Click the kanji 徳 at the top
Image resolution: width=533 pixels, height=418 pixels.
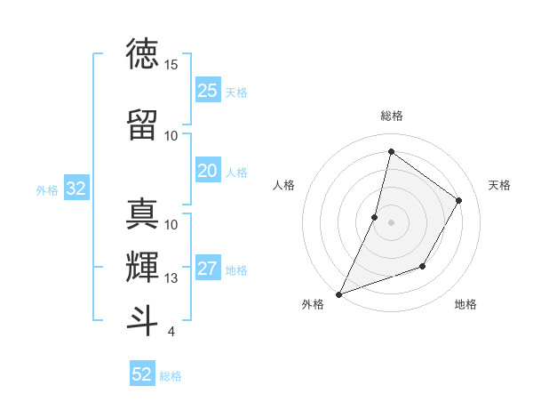pos(142,54)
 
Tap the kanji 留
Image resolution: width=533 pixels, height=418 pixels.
pos(142,125)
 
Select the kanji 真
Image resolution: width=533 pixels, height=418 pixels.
pos(142,214)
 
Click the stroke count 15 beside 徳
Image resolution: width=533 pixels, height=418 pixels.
pos(171,65)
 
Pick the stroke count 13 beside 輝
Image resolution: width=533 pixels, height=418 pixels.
pos(171,278)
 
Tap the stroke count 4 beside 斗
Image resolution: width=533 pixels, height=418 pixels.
pos(171,332)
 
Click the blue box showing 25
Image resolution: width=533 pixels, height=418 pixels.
pos(208,90)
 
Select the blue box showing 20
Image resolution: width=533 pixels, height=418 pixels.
pos(208,171)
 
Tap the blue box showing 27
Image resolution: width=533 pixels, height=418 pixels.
pos(208,269)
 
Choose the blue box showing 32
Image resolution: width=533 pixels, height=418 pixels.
pos(76,189)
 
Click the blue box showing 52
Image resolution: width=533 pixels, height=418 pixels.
pos(142,374)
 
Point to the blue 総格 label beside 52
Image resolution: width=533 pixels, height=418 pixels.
pos(171,376)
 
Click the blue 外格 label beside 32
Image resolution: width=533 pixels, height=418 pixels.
pos(47,189)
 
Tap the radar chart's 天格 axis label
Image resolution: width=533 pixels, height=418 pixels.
pos(499,185)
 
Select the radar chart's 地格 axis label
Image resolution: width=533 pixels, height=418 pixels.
pos(465,304)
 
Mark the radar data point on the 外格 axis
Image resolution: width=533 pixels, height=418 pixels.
pos(338,293)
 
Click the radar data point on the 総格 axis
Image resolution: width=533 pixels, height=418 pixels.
pos(391,152)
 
